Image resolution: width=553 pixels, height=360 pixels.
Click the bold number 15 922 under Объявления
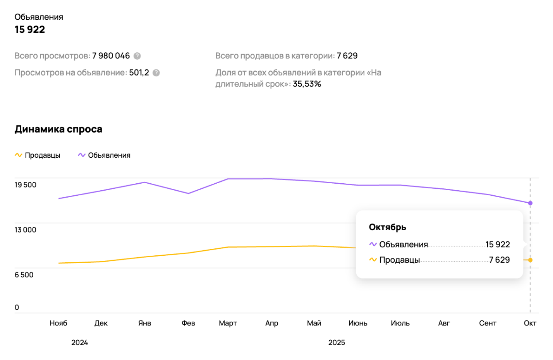(x=30, y=29)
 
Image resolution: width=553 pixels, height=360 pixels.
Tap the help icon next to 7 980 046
(x=137, y=56)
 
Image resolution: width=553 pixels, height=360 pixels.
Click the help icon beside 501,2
(x=156, y=73)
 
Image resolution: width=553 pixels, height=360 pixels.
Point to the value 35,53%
(x=307, y=84)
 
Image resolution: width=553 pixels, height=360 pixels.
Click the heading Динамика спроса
(x=58, y=129)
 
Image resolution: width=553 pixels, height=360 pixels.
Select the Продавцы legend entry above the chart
(x=38, y=155)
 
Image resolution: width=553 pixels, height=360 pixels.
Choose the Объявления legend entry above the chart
(x=104, y=155)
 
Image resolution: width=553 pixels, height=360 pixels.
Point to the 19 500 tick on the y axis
(x=26, y=185)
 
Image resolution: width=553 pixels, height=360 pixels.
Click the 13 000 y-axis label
(x=26, y=230)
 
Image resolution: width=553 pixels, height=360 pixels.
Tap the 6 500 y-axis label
(x=24, y=275)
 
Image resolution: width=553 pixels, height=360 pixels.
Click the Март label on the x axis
(x=228, y=323)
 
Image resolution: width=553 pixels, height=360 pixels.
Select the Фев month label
(x=188, y=323)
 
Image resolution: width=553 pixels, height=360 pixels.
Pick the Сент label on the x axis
(x=488, y=323)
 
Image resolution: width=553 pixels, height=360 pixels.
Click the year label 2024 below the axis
(x=79, y=343)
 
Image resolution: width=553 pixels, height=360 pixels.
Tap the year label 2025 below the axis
(x=337, y=343)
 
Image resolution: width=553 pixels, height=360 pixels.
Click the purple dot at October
(x=530, y=203)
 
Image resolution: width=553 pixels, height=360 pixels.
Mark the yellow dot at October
(x=530, y=260)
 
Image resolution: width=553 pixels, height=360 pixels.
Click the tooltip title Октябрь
(x=387, y=227)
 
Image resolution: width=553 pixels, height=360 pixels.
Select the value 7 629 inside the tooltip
(x=499, y=260)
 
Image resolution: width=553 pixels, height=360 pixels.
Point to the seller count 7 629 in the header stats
(x=347, y=56)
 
